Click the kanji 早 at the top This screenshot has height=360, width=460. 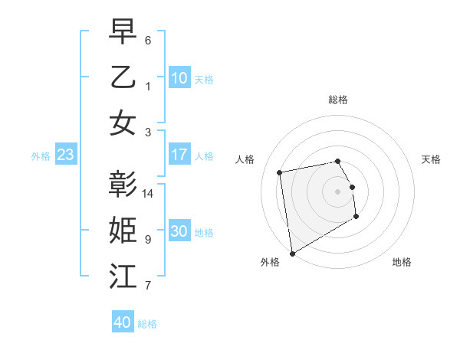click(x=123, y=32)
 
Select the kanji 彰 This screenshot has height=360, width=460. click(x=123, y=184)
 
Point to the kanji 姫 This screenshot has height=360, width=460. click(x=123, y=230)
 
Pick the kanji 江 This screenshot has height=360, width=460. click(x=123, y=277)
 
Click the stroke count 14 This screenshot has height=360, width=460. click(x=149, y=193)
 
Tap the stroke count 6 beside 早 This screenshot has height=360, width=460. click(x=148, y=40)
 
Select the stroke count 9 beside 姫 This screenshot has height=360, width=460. click(x=148, y=240)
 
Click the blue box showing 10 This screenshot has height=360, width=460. click(x=179, y=77)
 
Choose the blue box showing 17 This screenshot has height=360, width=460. click(x=179, y=155)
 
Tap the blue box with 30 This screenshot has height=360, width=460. click(x=179, y=231)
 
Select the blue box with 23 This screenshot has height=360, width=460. click(x=66, y=155)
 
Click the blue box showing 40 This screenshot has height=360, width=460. click(x=123, y=322)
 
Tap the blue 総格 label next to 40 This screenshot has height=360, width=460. click(x=148, y=324)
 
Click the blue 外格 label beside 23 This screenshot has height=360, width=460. click(x=41, y=156)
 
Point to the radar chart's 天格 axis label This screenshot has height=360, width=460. click(x=432, y=159)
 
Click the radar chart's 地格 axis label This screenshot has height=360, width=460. click(x=402, y=262)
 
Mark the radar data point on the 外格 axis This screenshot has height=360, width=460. click(x=292, y=253)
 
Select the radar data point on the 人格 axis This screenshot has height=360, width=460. click(x=280, y=172)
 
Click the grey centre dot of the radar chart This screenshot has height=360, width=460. click(x=337, y=191)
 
